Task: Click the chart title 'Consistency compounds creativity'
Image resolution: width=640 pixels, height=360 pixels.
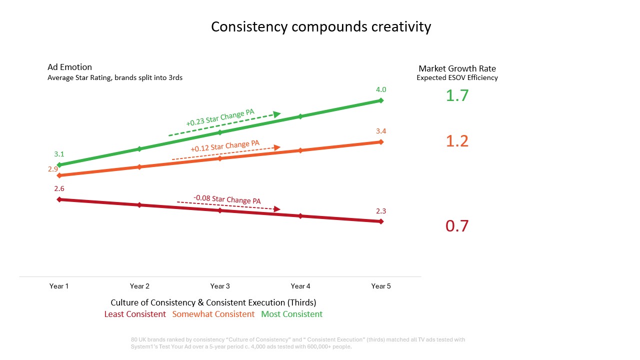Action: point(320,26)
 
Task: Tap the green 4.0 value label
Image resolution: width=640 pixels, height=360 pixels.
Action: point(381,89)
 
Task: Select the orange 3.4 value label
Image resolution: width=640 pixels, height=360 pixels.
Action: point(381,131)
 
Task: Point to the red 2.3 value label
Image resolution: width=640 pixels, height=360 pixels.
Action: point(381,211)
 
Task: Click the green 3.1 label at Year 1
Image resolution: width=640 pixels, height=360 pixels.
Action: point(59,154)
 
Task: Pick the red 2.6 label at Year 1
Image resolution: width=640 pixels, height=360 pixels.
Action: point(59,188)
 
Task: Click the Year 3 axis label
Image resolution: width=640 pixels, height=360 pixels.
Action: point(220,286)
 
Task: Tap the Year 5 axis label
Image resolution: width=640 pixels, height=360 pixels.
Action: point(381,286)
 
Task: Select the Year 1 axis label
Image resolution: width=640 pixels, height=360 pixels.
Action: point(59,286)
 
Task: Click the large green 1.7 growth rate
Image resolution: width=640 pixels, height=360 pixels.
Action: point(457,95)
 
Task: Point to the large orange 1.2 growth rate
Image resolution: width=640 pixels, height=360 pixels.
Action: point(457,141)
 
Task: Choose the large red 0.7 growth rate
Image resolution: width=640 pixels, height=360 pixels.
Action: point(457,226)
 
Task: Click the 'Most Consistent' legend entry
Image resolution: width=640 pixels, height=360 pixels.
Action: point(292,314)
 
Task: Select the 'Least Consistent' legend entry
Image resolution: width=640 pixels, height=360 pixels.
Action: point(135,314)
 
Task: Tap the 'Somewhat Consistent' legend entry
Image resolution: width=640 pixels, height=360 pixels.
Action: point(213,314)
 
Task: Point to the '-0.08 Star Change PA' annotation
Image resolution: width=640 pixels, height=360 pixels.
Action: point(227,199)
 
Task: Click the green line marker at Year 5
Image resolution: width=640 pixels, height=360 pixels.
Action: point(381,100)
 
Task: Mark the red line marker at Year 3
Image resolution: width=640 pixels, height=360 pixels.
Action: point(220,210)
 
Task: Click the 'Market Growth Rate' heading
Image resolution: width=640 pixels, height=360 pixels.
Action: point(457,68)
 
